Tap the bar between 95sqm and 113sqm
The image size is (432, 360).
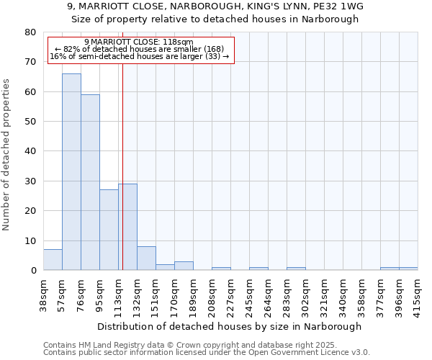pyautogui.click(x=109, y=230)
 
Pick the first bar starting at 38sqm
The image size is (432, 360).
pyautogui.click(x=53, y=260)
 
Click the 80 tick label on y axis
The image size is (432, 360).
pyautogui.click(x=30, y=32)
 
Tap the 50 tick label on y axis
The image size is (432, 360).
pyautogui.click(x=30, y=122)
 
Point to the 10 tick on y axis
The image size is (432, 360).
pyautogui.click(x=30, y=241)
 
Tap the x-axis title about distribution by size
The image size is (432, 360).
pyautogui.click(x=230, y=326)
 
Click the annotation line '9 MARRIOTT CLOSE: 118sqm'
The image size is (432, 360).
pyautogui.click(x=138, y=42)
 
